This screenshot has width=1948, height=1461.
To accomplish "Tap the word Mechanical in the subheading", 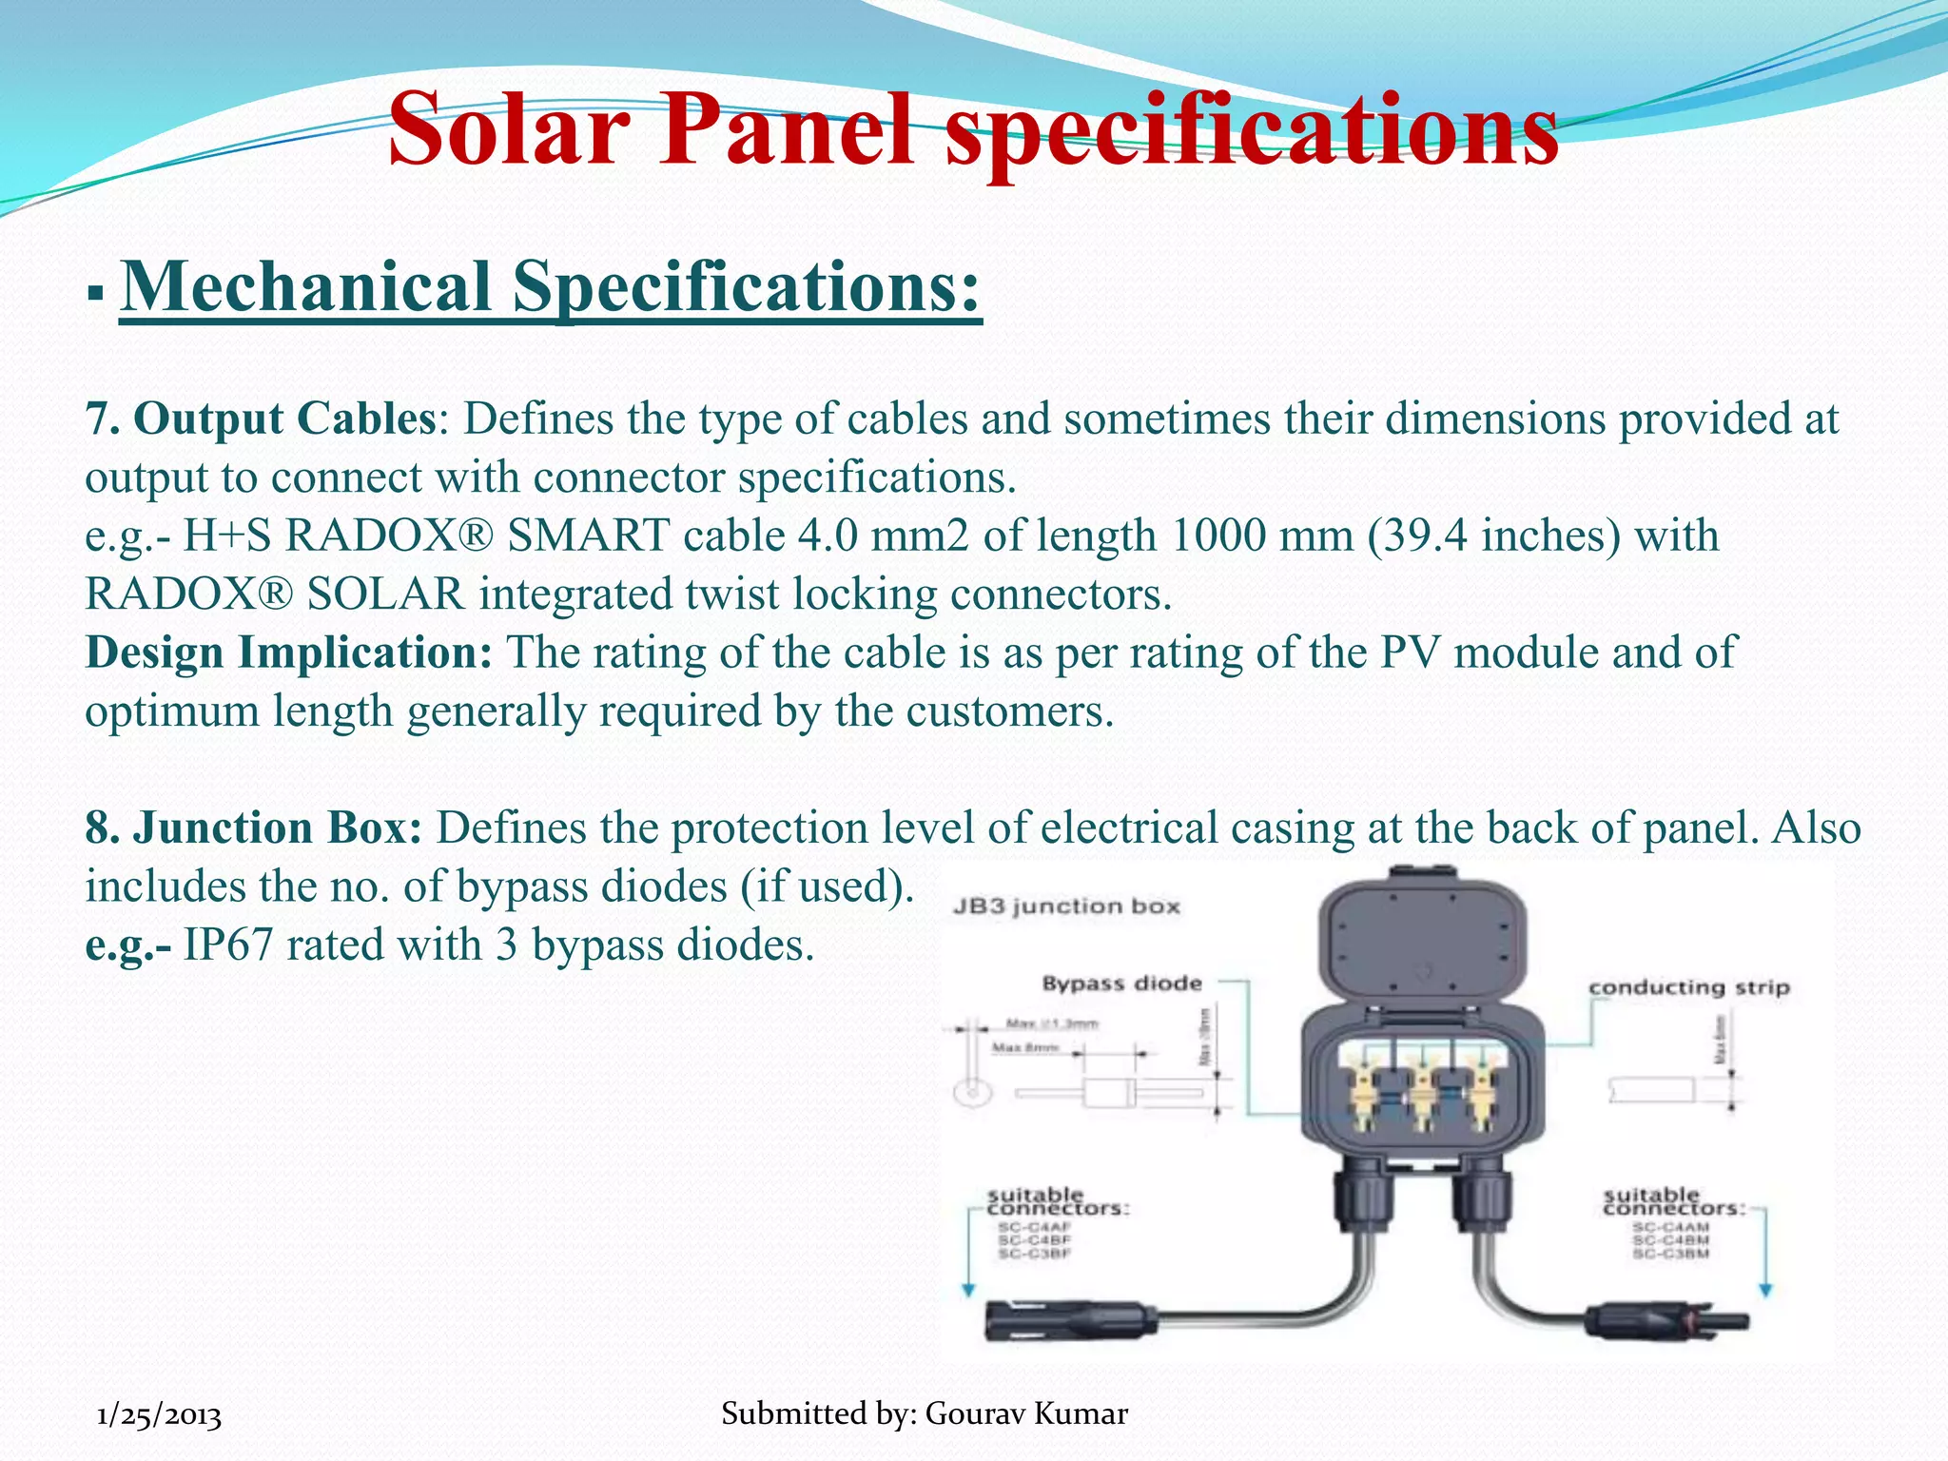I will click(306, 287).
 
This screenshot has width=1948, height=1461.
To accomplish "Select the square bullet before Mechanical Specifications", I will click(94, 292).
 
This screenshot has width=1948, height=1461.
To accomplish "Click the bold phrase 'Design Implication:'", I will click(288, 653).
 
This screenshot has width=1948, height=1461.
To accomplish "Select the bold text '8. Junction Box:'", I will click(253, 828).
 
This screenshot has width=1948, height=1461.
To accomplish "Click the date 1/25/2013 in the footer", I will click(160, 1416).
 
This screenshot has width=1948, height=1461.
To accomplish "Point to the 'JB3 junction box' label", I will click(1066, 906).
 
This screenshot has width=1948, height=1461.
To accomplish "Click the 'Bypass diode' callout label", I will click(1121, 984).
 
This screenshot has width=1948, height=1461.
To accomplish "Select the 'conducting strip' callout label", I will click(1689, 987).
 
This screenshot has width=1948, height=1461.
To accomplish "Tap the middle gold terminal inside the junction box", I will click(1422, 1094).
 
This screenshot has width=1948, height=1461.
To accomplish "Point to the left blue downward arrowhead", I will click(968, 1291).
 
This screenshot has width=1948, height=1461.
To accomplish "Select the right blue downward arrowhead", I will click(1766, 1291).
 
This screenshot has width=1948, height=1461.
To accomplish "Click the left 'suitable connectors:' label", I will click(1057, 1201).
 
